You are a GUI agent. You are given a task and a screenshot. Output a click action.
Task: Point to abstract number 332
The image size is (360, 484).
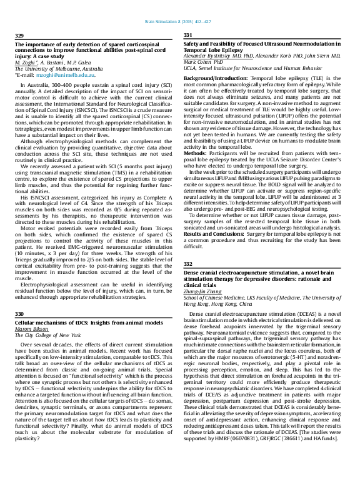point(188,264)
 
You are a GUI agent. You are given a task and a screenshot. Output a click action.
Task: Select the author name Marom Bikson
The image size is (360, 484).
point(31,328)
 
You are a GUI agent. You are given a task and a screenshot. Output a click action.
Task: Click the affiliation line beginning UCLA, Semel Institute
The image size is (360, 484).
point(253,68)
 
